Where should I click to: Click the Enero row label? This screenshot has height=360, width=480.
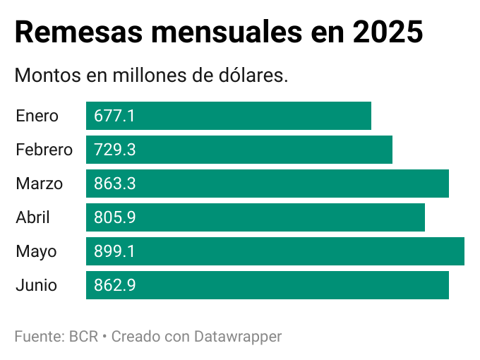click(x=37, y=116)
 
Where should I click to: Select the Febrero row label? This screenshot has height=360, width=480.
click(x=44, y=150)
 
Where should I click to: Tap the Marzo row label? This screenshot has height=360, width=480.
click(x=39, y=184)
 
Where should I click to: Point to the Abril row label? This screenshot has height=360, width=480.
click(x=32, y=217)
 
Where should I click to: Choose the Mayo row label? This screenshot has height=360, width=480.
click(x=36, y=251)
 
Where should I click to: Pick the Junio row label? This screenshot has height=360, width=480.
click(x=36, y=285)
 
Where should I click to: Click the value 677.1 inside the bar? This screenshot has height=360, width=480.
click(x=114, y=116)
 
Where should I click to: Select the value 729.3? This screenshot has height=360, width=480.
click(x=115, y=150)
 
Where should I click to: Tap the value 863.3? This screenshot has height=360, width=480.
click(x=115, y=184)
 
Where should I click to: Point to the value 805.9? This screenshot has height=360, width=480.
click(x=115, y=217)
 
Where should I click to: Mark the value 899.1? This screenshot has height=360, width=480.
click(x=114, y=251)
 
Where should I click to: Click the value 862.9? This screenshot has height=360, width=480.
click(x=115, y=285)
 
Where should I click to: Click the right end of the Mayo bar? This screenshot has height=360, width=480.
click(x=462, y=251)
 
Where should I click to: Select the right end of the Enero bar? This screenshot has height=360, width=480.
click(x=369, y=116)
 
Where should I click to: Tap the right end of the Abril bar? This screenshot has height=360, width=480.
click(x=423, y=217)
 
